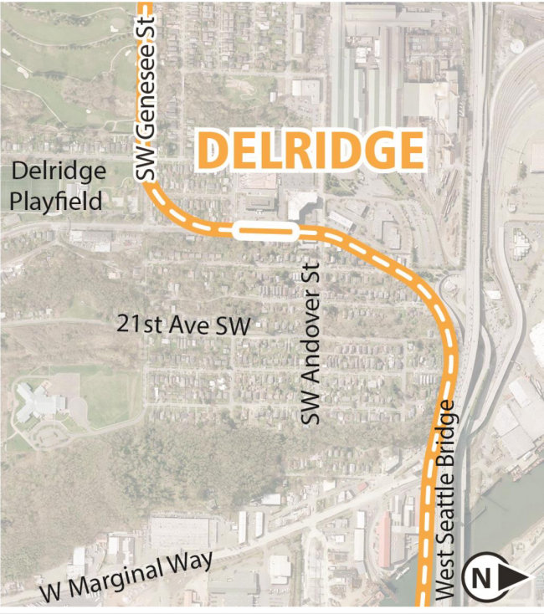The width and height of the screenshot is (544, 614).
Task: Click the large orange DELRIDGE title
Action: click(x=310, y=151)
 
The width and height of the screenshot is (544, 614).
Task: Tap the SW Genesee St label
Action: click(x=146, y=90)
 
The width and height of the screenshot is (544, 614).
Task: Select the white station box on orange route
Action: click(x=265, y=231)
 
